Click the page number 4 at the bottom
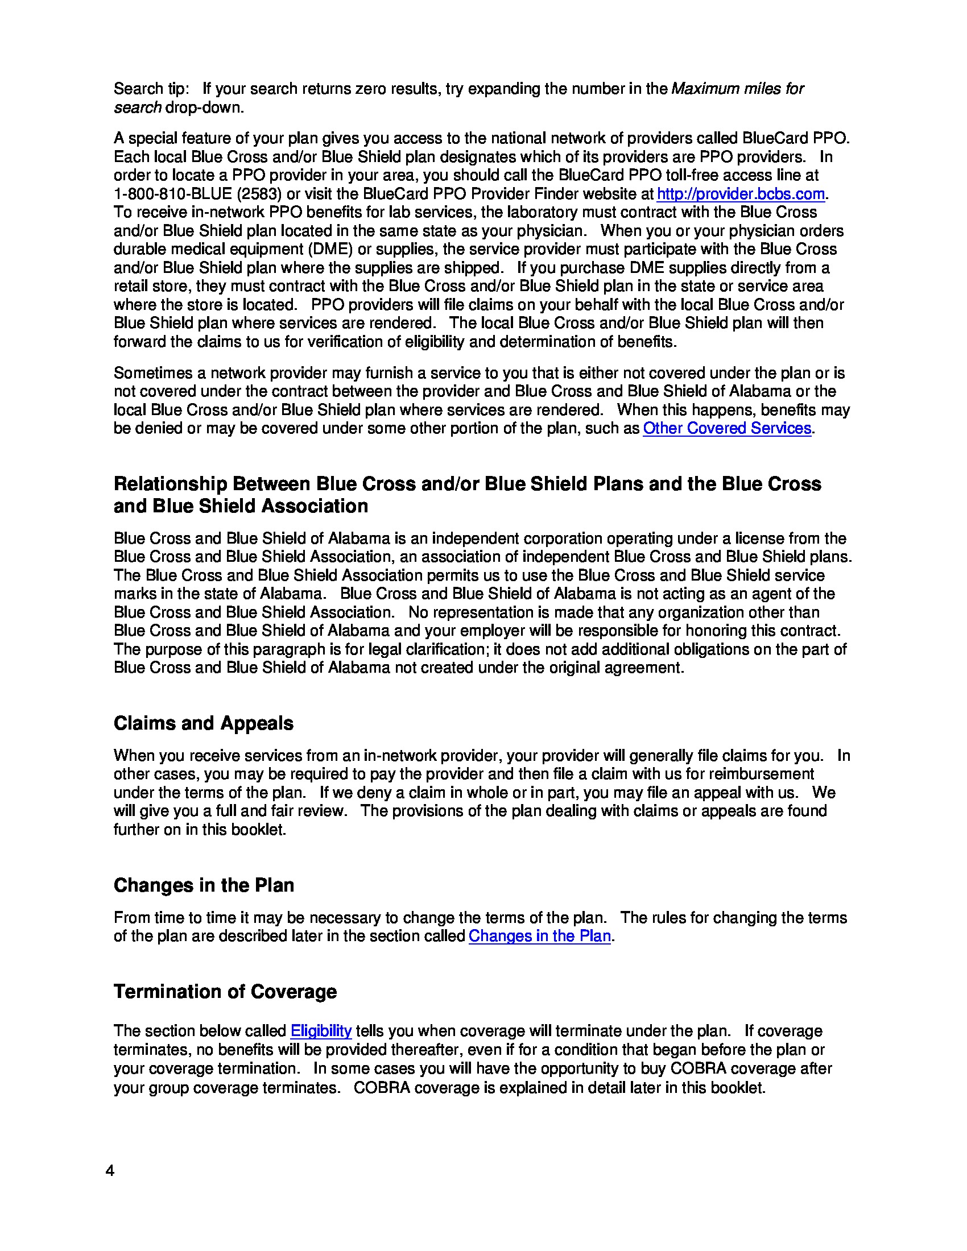[x=110, y=1170]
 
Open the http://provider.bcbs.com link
[x=740, y=194]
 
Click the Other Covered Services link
[x=726, y=428]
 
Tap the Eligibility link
[x=321, y=1031]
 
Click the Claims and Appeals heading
[x=204, y=723]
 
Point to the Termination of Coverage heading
[x=225, y=992]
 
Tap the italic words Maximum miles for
[x=737, y=89]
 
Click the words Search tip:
[x=151, y=89]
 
